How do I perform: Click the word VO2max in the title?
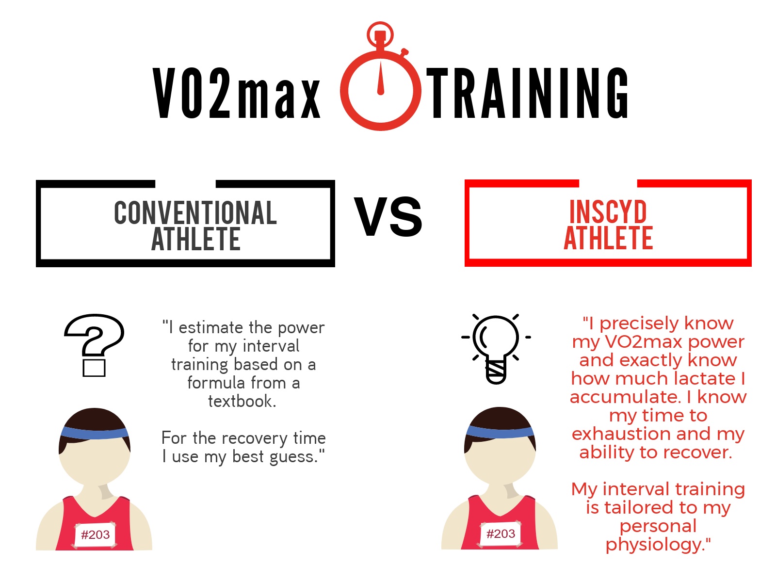[237, 93]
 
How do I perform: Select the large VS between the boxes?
[388, 216]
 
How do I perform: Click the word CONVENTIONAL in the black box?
[195, 213]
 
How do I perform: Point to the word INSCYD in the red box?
[608, 211]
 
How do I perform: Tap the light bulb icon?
[496, 348]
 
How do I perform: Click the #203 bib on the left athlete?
[95, 534]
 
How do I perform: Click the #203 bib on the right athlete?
[501, 533]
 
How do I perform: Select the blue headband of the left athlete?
[95, 432]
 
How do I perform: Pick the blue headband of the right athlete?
[500, 431]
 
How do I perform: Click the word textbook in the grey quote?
[242, 401]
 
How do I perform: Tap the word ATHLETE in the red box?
[608, 238]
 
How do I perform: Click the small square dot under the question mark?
[94, 368]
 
